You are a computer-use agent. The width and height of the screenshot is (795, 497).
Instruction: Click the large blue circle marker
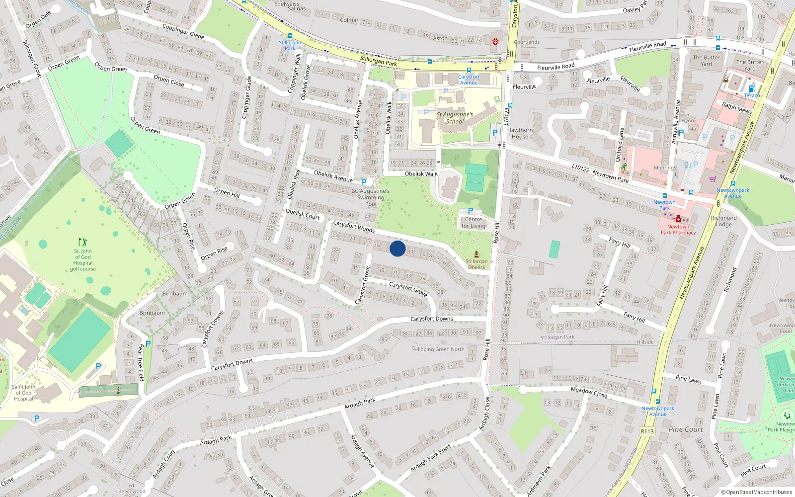(397, 248)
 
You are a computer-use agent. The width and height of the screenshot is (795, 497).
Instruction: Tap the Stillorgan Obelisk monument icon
(477, 253)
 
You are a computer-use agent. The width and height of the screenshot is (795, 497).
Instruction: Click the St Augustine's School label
(455, 118)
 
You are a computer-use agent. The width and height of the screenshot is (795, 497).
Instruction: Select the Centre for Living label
(474, 223)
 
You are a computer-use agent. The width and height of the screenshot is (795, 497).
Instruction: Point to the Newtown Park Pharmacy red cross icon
(678, 219)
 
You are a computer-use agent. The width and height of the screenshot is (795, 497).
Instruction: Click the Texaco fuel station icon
(752, 88)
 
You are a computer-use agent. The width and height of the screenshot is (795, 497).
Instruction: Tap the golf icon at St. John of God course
(82, 242)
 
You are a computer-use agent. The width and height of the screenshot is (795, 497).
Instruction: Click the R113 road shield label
(647, 431)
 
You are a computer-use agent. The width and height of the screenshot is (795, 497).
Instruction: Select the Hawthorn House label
(520, 133)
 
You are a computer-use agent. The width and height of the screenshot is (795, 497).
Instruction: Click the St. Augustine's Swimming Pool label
(371, 197)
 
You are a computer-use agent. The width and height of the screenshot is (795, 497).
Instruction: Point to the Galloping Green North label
(438, 349)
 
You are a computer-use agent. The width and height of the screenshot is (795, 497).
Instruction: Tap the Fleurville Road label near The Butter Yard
(647, 47)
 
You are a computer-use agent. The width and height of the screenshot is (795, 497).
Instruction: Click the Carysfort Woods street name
(354, 227)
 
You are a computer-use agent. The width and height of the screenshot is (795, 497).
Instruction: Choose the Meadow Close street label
(589, 392)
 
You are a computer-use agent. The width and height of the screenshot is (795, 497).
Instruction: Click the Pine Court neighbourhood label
(686, 429)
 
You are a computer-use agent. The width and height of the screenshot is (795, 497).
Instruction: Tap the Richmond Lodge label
(723, 221)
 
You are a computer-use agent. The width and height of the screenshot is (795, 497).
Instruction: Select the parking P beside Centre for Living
(471, 211)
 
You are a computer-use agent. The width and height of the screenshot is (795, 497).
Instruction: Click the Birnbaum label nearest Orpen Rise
(175, 294)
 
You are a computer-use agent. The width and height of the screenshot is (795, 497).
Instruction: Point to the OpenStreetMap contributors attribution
(757, 493)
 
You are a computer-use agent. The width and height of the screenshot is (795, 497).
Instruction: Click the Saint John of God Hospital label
(23, 393)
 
